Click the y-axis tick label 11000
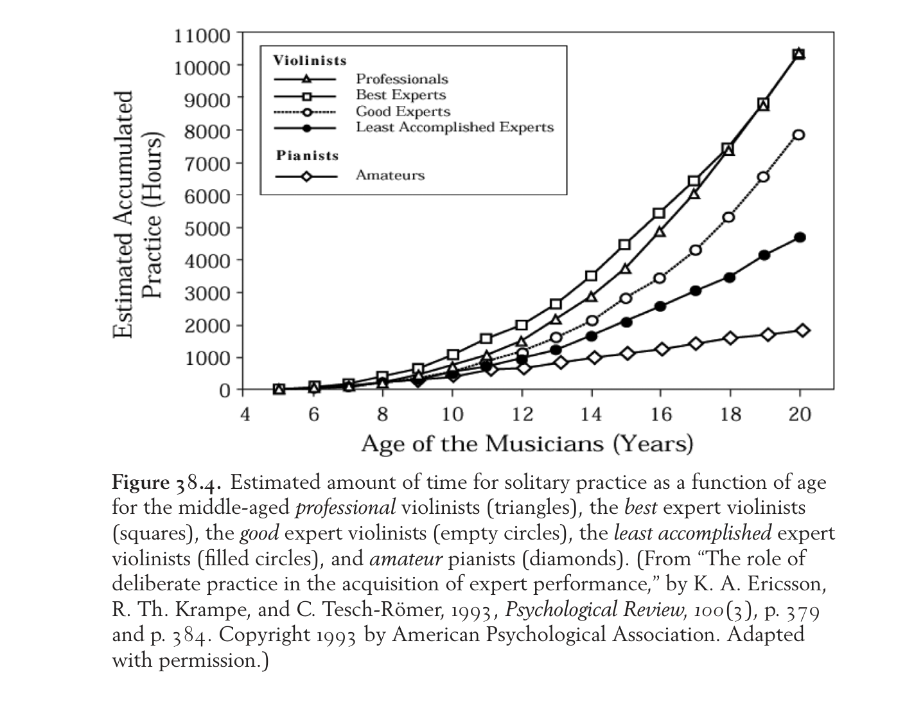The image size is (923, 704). [x=202, y=35]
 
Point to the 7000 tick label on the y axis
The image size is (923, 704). [x=207, y=164]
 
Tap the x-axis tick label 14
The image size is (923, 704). [x=591, y=415]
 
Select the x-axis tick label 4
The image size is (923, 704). [x=245, y=415]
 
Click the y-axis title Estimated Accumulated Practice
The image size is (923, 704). [x=138, y=215]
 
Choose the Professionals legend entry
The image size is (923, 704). [x=402, y=79]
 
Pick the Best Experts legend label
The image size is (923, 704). [x=401, y=95]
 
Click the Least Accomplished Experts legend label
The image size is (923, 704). [x=455, y=127]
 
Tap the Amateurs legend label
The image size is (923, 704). [x=391, y=175]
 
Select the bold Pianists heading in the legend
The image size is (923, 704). [x=308, y=155]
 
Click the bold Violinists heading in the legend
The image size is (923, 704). [x=310, y=60]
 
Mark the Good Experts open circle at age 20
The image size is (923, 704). [x=799, y=135]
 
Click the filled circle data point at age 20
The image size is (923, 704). [x=800, y=237]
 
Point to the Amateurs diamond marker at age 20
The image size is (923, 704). [x=802, y=330]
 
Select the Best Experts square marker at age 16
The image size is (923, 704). [x=660, y=213]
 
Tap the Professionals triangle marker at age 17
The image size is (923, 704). [x=695, y=194]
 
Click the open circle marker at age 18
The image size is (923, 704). [x=729, y=217]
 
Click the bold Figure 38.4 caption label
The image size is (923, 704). [x=166, y=483]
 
